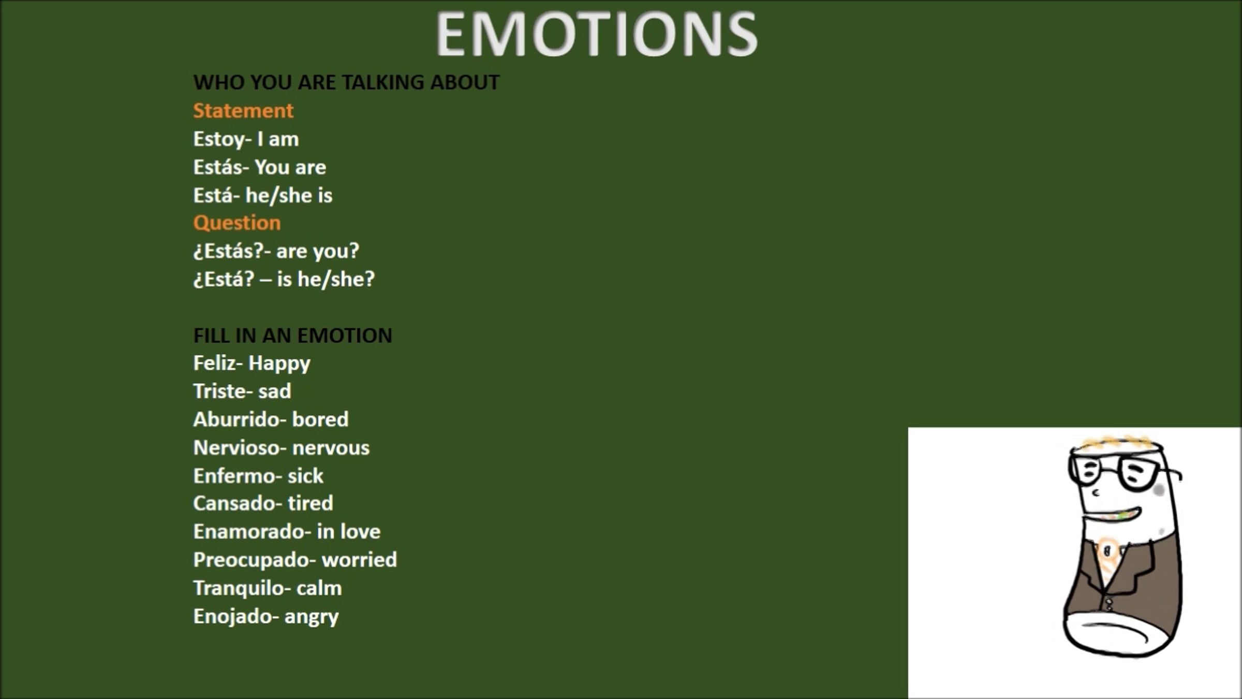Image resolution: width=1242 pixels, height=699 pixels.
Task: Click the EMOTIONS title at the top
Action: tap(597, 34)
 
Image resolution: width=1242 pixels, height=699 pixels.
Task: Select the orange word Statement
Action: tap(243, 111)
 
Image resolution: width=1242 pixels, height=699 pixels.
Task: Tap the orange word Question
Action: tap(237, 223)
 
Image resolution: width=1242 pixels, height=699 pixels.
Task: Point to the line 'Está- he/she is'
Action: tap(263, 195)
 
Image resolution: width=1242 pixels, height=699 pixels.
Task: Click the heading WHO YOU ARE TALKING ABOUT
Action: tap(346, 82)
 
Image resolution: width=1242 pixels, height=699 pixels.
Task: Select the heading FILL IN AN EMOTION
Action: tap(293, 336)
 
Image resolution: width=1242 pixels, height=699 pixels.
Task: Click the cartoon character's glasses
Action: tap(1123, 471)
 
